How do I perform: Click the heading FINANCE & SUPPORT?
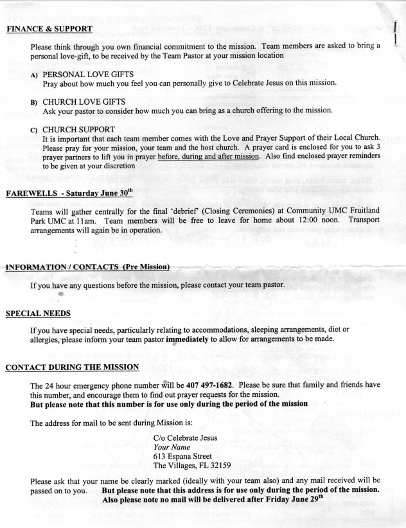click(49, 29)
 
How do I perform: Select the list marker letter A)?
click(34, 75)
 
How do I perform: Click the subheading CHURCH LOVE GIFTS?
click(84, 102)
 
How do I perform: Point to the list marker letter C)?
click(34, 130)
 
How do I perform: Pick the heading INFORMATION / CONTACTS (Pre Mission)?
click(87, 267)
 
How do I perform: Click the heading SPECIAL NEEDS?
click(38, 313)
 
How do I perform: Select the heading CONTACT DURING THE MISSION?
click(72, 367)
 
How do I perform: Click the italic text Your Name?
click(172, 447)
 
